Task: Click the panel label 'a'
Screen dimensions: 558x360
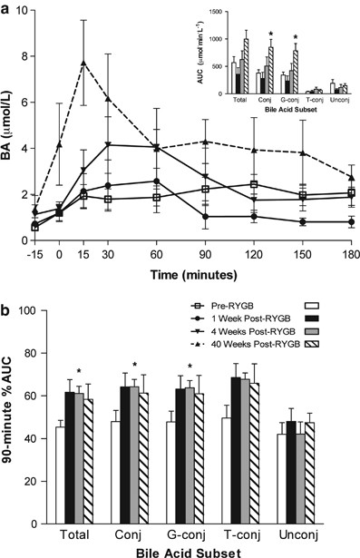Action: pos(7,8)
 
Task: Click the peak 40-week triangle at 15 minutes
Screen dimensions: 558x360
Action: pos(83,64)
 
